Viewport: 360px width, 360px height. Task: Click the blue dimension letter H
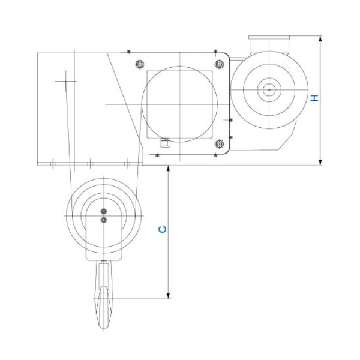[314, 98]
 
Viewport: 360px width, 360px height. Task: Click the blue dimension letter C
[163, 229]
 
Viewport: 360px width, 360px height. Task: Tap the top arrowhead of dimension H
[320, 39]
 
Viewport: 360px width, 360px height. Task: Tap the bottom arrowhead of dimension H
[320, 162]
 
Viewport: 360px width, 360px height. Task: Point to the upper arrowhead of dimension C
[168, 169]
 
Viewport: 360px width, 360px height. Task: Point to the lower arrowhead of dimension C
[168, 296]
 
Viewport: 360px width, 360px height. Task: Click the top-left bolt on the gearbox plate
[140, 64]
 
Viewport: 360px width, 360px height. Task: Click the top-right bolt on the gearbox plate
[220, 64]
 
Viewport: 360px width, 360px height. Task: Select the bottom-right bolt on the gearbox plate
[220, 144]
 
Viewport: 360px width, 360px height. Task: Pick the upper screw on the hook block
[104, 211]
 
